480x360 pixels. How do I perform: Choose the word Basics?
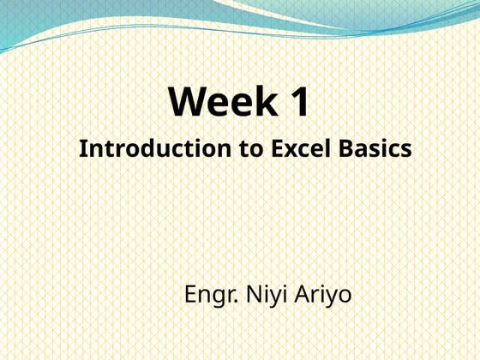click(x=374, y=148)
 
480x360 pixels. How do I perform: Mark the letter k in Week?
click(x=265, y=102)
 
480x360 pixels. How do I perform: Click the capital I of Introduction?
click(x=83, y=148)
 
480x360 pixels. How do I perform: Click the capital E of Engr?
click(x=191, y=296)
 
